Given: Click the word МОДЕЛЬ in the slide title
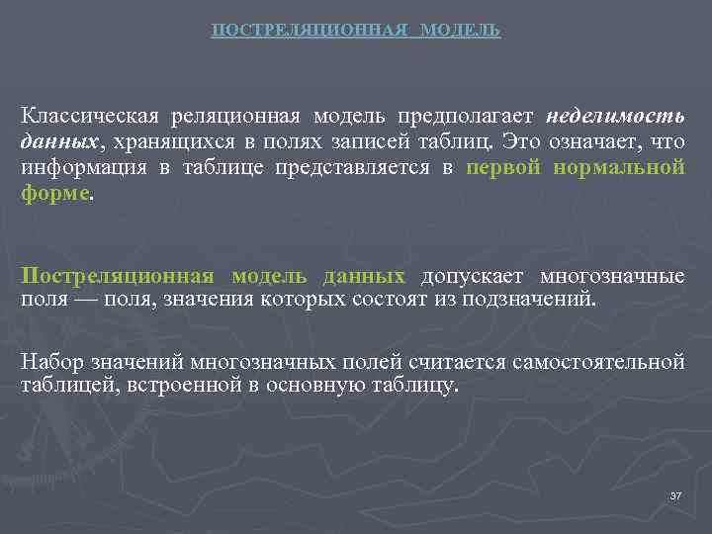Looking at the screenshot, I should pos(460,31).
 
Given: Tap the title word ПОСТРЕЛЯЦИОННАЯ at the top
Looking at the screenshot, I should pos(310,31).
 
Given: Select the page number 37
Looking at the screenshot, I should pos(675,494).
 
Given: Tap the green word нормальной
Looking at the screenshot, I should pos(620,167).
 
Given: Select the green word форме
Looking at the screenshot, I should pos(54,193).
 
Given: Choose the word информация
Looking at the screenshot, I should pos(80,167).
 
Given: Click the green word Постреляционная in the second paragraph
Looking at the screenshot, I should pos(118,275).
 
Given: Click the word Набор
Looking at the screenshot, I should pos(49,362).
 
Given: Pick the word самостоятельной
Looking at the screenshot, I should pos(597,362).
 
